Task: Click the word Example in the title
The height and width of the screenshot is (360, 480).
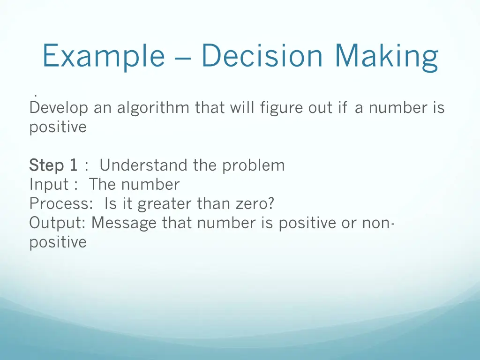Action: pyautogui.click(x=103, y=56)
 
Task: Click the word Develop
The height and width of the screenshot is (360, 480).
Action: pyautogui.click(x=59, y=108)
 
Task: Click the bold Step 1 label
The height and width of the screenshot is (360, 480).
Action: pyautogui.click(x=53, y=165)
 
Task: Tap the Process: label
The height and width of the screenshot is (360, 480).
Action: pyautogui.click(x=59, y=204)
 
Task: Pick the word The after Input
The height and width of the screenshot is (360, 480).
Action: pyautogui.click(x=103, y=185)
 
